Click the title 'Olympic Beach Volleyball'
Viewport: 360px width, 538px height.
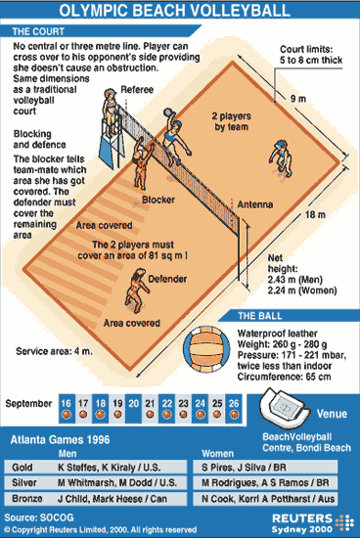tap(180, 12)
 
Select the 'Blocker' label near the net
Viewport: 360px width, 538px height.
tap(157, 200)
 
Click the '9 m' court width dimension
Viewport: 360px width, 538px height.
tap(296, 99)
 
